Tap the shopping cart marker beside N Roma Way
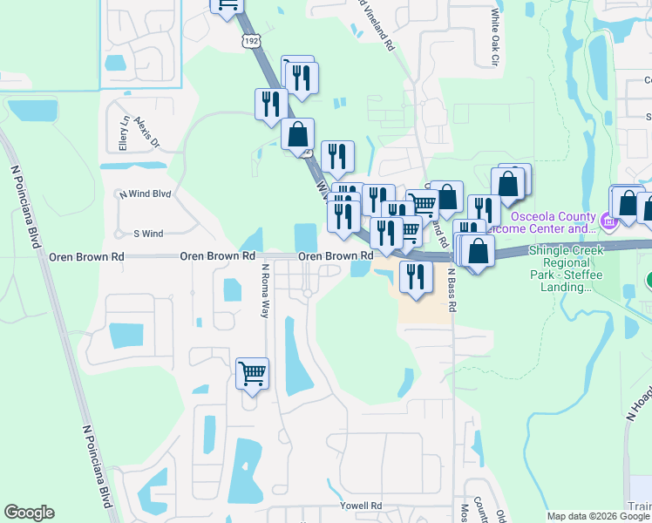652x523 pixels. [253, 374]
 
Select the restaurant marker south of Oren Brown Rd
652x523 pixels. [415, 277]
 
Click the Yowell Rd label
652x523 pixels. [363, 506]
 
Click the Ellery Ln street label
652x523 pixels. [124, 132]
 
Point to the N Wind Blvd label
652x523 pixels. [145, 194]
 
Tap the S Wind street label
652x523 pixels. [148, 234]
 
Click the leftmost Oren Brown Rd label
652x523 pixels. [74, 257]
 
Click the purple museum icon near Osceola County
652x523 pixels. [608, 222]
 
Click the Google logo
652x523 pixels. [29, 513]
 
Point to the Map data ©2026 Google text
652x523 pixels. [598, 516]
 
